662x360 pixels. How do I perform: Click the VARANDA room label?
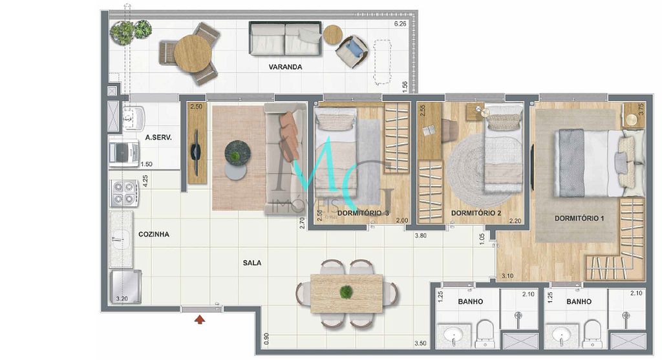click(285, 67)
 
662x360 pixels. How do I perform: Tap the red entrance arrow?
click(200, 317)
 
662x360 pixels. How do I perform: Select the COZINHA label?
click(153, 235)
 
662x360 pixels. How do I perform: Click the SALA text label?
click(252, 263)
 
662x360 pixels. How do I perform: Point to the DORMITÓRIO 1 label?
click(579, 218)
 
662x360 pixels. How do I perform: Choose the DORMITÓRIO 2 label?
click(476, 213)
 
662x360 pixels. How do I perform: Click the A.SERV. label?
click(157, 138)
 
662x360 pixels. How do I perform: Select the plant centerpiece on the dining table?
click(347, 292)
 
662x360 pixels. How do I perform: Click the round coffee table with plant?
click(237, 154)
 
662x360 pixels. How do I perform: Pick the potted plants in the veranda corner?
click(131, 32)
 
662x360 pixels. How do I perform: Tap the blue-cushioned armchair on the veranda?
click(352, 49)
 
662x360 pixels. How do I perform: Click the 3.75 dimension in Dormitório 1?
click(641, 110)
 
